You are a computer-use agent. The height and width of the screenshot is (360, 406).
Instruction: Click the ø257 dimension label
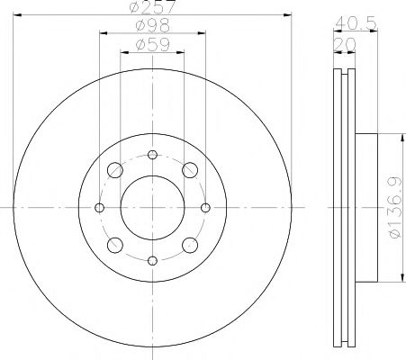(152, 8)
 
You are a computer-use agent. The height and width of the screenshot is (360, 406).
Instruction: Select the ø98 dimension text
(152, 27)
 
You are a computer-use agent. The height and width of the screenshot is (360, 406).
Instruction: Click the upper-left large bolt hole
(115, 170)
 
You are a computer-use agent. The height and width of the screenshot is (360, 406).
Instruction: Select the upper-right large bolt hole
(190, 170)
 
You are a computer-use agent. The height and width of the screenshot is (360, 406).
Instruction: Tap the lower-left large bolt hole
(115, 245)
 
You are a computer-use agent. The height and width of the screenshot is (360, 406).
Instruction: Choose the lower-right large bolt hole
(190, 245)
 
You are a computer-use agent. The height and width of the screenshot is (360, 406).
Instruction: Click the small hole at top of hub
(152, 154)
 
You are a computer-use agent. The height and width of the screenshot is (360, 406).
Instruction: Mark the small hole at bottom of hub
(152, 261)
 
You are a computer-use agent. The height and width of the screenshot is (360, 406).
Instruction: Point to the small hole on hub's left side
(99, 208)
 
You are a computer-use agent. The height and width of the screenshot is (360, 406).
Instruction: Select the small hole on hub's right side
(206, 208)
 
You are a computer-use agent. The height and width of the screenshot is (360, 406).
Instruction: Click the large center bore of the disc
(152, 207)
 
